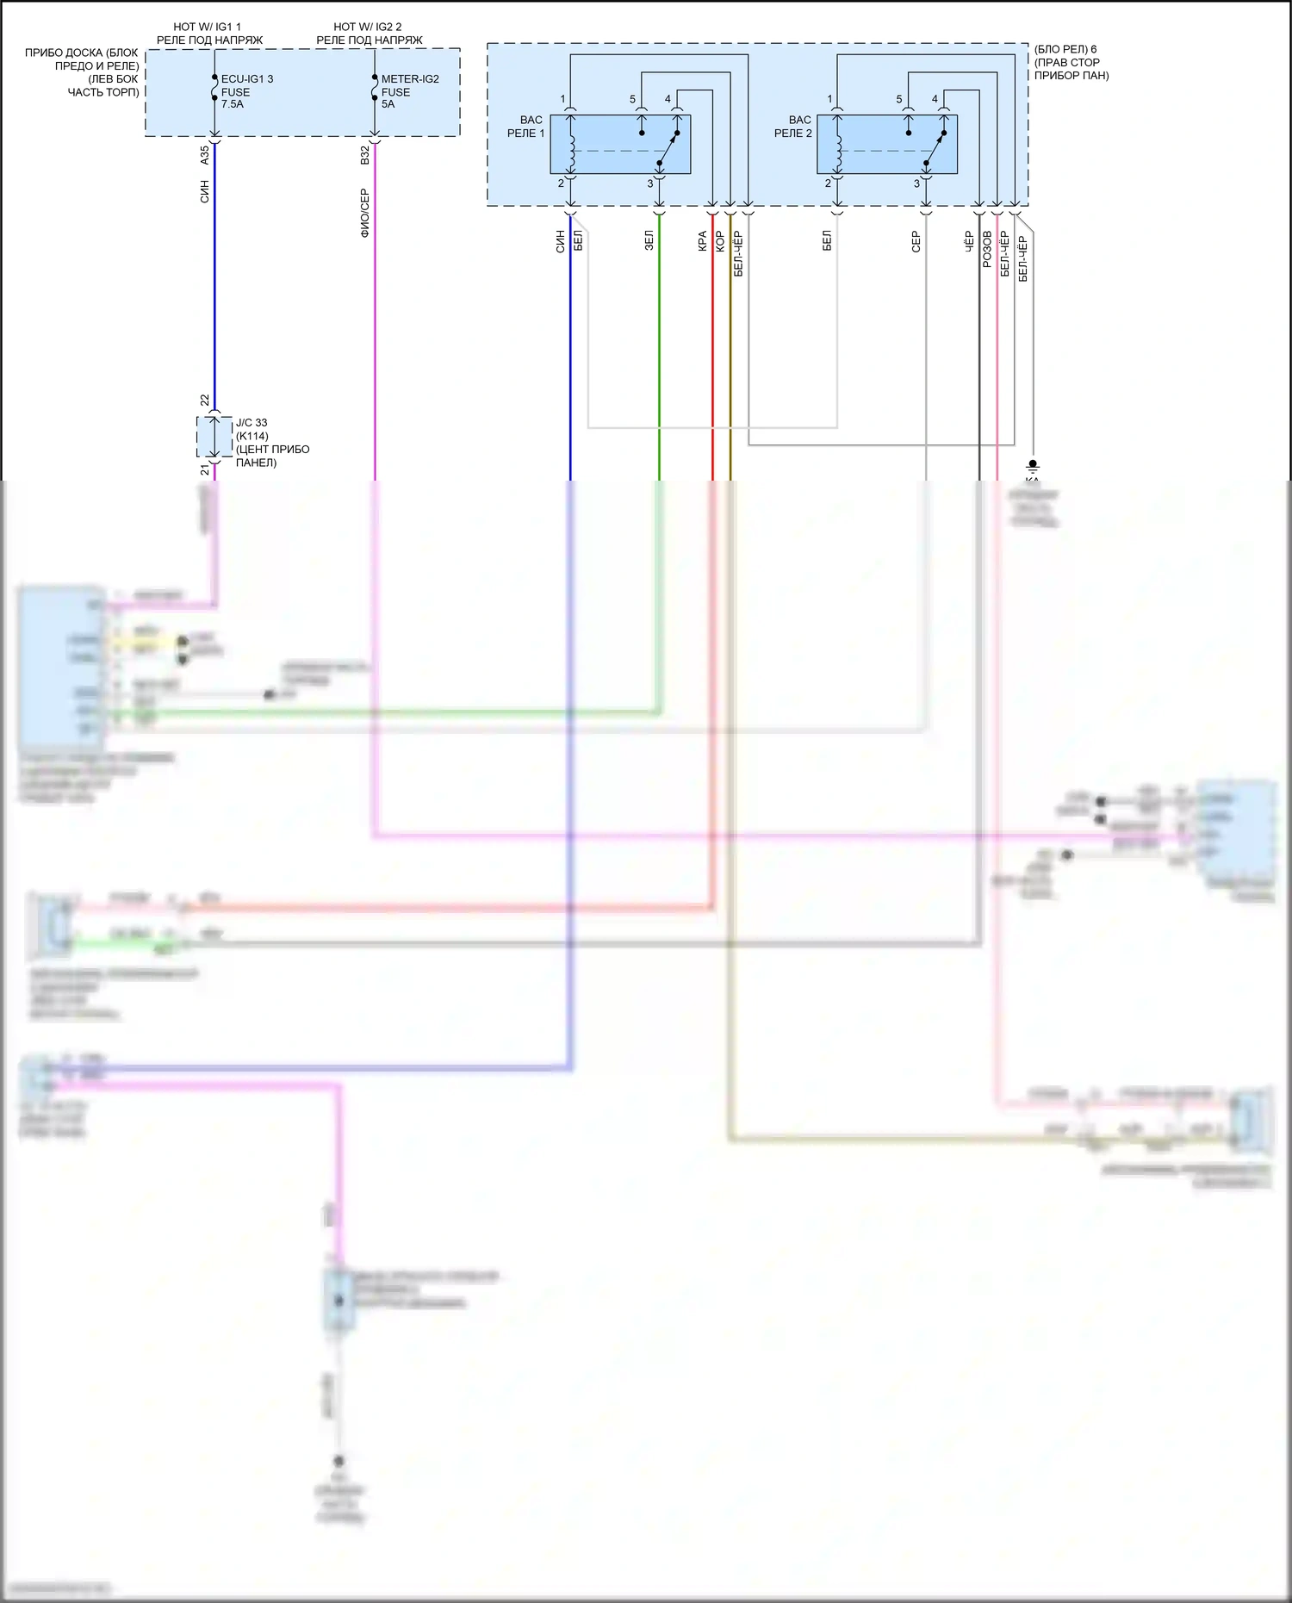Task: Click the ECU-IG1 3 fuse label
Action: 246,79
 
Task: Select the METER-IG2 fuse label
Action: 410,79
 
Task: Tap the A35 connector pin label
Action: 205,155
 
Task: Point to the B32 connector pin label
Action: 365,155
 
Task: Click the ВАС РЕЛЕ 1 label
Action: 526,127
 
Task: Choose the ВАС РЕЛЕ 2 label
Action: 793,127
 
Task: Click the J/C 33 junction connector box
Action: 214,437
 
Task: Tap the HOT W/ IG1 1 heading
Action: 207,27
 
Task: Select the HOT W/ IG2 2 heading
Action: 368,27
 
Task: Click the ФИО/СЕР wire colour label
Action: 365,213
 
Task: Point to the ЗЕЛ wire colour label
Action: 649,240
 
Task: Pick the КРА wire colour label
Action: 703,240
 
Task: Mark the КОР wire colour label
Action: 721,240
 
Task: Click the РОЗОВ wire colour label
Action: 987,248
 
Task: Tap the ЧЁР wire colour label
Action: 969,240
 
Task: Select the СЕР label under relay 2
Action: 916,241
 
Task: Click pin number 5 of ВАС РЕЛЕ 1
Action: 632,100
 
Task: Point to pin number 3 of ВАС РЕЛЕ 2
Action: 916,183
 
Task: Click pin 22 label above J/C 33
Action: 205,401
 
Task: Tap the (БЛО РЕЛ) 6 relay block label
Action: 1065,49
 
